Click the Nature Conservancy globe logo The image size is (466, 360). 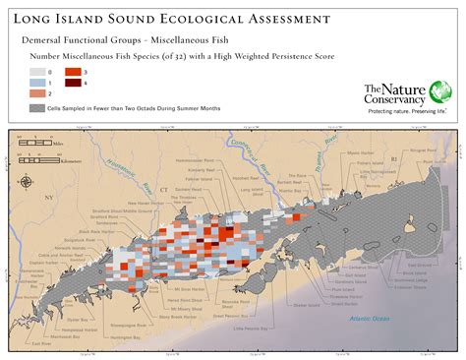[441, 93]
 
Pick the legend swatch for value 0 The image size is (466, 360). [37, 72]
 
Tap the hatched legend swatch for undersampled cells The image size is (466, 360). [37, 106]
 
